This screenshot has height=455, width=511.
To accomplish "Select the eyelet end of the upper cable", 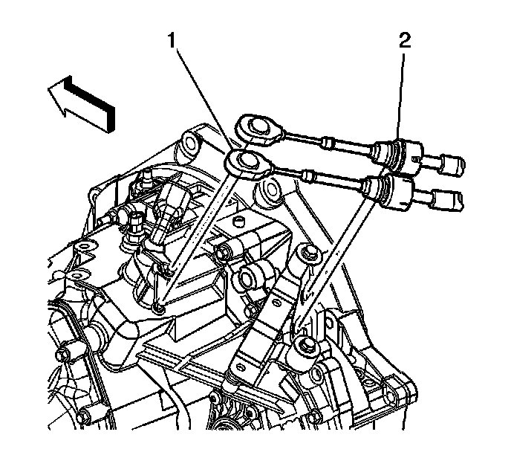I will (256, 125).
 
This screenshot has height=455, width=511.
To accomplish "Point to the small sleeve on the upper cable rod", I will (328, 141).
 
